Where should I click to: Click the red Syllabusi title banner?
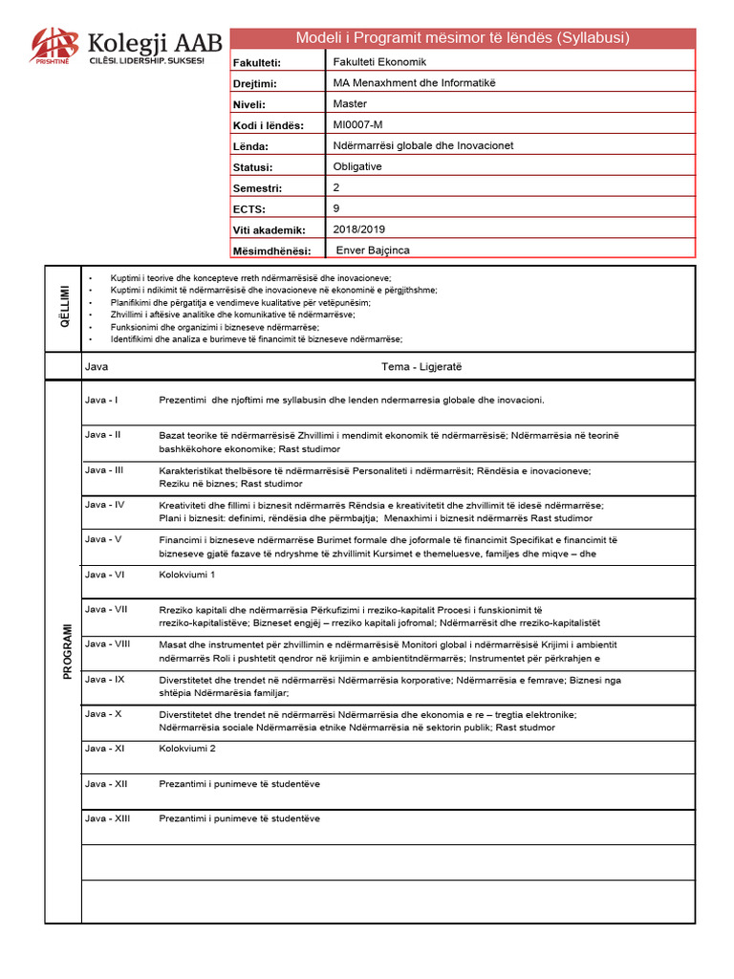pyautogui.click(x=463, y=38)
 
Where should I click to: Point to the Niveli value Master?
pyautogui.click(x=350, y=103)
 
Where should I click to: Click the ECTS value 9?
pyautogui.click(x=336, y=207)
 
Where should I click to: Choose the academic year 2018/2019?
pyautogui.click(x=357, y=228)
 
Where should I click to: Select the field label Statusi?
pyautogui.click(x=253, y=167)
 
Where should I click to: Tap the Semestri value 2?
pyautogui.click(x=336, y=187)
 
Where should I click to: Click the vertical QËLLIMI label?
pyautogui.click(x=64, y=307)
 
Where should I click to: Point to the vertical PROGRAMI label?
pyautogui.click(x=67, y=651)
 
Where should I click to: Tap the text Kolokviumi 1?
pyautogui.click(x=187, y=574)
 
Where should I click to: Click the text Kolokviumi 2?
pyautogui.click(x=187, y=749)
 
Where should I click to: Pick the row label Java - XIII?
pyautogui.click(x=107, y=818)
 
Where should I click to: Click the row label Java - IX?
pyautogui.click(x=104, y=679)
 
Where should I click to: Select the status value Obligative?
pyautogui.click(x=357, y=166)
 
